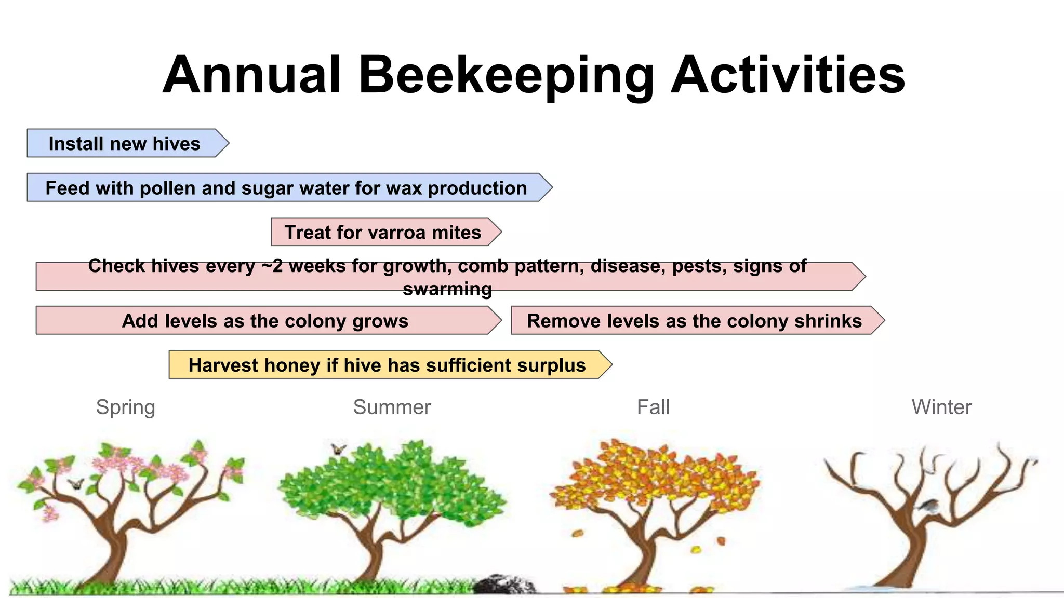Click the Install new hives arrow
(125, 143)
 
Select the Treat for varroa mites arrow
(383, 232)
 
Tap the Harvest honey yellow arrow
(387, 365)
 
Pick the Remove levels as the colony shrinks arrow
(694, 321)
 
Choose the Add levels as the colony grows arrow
(265, 321)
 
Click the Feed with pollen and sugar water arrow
(286, 187)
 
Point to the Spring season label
(126, 407)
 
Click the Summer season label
(392, 407)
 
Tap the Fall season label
(653, 407)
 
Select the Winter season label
(941, 407)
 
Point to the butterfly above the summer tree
(339, 449)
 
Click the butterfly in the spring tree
(76, 484)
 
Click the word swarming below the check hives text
(447, 289)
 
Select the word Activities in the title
(788, 76)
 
